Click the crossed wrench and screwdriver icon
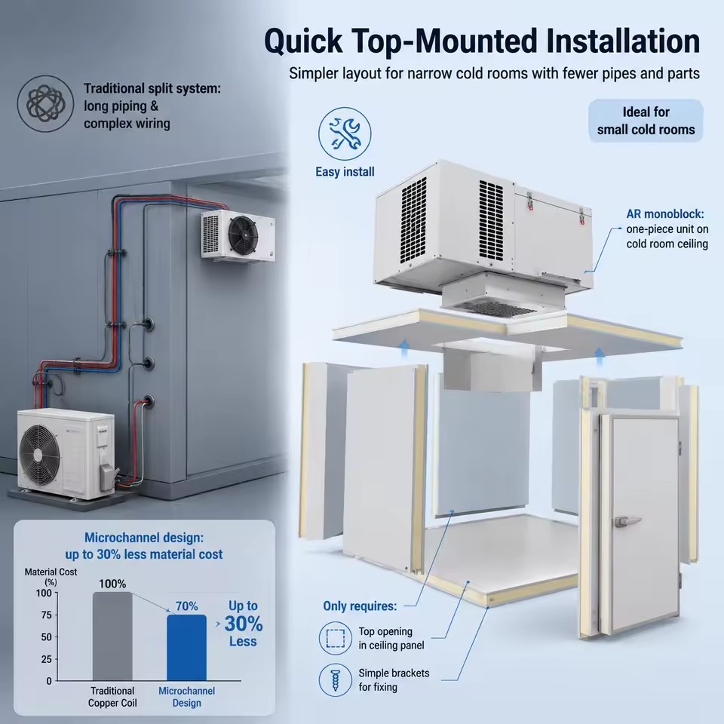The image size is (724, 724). click(x=345, y=134)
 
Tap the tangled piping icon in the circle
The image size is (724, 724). click(x=45, y=103)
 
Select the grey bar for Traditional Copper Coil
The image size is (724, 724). click(x=112, y=637)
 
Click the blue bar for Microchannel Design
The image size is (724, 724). click(x=186, y=647)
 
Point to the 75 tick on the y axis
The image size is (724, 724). click(x=47, y=615)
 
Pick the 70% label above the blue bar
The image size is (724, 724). click(x=186, y=606)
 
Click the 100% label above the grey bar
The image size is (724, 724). click(x=112, y=584)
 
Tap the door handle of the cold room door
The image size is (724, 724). click(x=627, y=521)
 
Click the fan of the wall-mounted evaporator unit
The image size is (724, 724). click(x=244, y=235)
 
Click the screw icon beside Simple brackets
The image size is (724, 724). click(x=335, y=680)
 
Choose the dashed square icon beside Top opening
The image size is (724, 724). click(x=336, y=638)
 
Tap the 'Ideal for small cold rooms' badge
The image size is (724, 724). click(x=646, y=121)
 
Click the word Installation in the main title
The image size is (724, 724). click(x=623, y=41)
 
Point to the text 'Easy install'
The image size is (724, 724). click(x=345, y=172)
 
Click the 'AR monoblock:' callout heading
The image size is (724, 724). click(x=665, y=213)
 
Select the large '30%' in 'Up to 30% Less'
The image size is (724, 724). click(x=244, y=624)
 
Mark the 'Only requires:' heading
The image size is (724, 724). click(x=360, y=606)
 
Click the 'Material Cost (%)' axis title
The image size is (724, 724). click(x=51, y=577)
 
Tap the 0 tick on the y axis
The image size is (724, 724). click(x=49, y=681)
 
